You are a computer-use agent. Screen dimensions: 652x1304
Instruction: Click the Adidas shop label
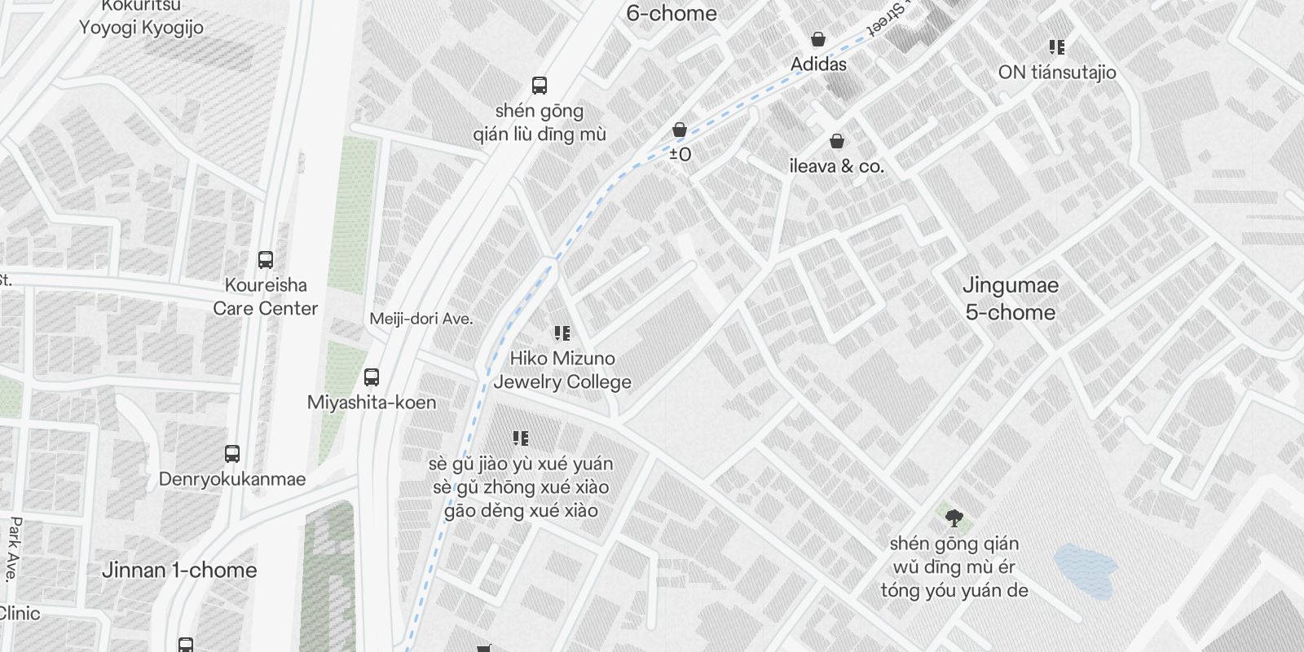818,64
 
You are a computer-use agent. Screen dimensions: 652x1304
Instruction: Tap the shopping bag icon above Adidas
818,39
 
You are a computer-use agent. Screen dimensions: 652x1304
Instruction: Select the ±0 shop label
680,154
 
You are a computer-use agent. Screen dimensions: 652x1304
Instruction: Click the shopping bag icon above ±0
680,130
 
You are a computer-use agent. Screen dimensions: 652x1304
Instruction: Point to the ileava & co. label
836,166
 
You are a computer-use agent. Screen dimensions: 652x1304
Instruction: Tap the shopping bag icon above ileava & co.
836,142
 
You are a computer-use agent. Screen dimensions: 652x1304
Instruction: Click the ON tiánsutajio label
1057,73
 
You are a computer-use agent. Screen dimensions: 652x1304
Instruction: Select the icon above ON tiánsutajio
1057,47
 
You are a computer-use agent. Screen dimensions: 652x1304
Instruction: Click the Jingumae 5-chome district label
1011,298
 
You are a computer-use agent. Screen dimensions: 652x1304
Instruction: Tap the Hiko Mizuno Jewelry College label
562,370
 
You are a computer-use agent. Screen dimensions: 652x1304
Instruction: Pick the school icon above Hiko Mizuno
562,333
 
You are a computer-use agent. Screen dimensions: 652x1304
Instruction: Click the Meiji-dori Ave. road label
421,319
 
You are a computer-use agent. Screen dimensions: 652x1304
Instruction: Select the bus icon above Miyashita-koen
372,377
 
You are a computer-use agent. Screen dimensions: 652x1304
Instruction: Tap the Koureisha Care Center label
266,297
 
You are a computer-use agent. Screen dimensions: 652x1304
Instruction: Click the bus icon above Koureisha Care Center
266,260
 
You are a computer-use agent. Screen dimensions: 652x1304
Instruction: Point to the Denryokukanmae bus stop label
232,479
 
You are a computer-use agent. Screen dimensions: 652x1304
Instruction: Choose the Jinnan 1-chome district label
179,570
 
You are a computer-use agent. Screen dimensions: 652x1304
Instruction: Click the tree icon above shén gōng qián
954,518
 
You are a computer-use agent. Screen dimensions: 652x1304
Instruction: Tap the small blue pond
1085,569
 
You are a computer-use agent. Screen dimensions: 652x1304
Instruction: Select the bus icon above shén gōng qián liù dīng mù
539,86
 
